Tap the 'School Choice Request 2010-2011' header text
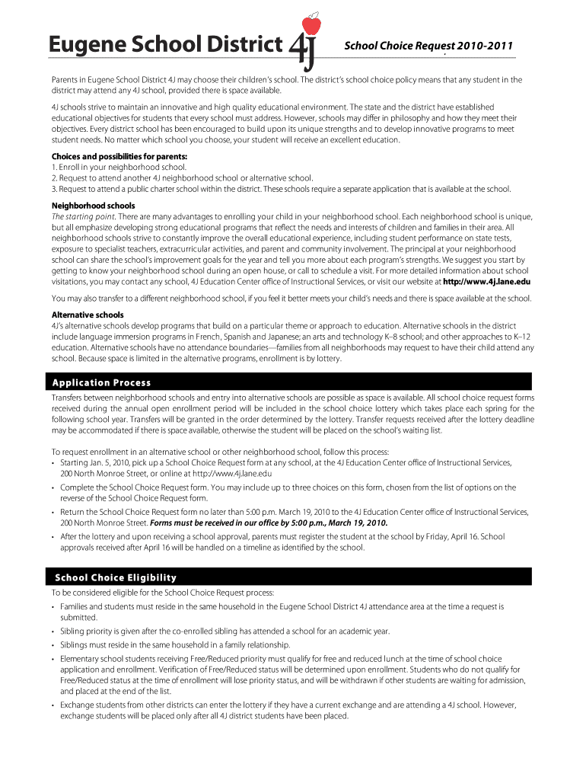click(x=430, y=46)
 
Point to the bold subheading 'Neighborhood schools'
click(x=94, y=206)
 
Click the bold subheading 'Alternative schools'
click(x=88, y=315)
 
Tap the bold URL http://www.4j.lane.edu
click(x=486, y=280)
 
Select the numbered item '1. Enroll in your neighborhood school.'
click(x=119, y=167)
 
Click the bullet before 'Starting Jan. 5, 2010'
click(x=53, y=462)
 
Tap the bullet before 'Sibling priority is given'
click(x=53, y=631)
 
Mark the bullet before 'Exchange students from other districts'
click(x=53, y=705)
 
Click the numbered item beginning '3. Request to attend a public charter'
click(x=282, y=189)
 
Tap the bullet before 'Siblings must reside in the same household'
click(x=53, y=644)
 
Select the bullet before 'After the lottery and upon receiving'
click(x=53, y=537)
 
